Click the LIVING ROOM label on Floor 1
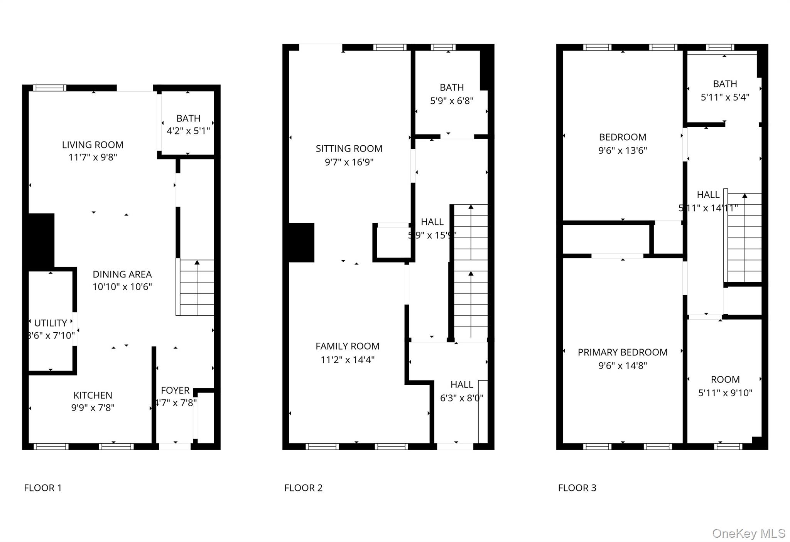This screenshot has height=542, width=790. pyautogui.click(x=93, y=145)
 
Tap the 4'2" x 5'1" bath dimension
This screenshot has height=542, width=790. pyautogui.click(x=188, y=131)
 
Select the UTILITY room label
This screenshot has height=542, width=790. pyautogui.click(x=51, y=323)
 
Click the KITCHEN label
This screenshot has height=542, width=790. pyautogui.click(x=93, y=395)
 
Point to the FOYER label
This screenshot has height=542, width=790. pyautogui.click(x=175, y=391)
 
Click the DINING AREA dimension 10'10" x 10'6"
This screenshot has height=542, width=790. pyautogui.click(x=122, y=287)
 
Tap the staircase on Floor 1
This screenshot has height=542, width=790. pyautogui.click(x=196, y=288)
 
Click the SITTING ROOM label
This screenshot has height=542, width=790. pyautogui.click(x=349, y=149)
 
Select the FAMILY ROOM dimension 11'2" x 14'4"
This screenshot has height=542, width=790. pyautogui.click(x=347, y=360)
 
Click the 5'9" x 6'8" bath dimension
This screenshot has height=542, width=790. pyautogui.click(x=452, y=101)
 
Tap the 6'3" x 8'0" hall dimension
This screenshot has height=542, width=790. pyautogui.click(x=461, y=398)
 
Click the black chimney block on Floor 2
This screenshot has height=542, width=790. pyautogui.click(x=301, y=242)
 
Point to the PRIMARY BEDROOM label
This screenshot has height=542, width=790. pyautogui.click(x=622, y=352)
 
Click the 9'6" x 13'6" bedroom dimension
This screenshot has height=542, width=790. pyautogui.click(x=622, y=151)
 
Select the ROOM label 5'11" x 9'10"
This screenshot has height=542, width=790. pyautogui.click(x=725, y=380)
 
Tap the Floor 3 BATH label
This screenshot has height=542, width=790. pyautogui.click(x=725, y=84)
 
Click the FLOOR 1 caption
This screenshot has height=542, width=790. pyautogui.click(x=43, y=488)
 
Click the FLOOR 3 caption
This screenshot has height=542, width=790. pyautogui.click(x=577, y=488)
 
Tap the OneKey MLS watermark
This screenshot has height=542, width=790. pyautogui.click(x=748, y=534)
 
